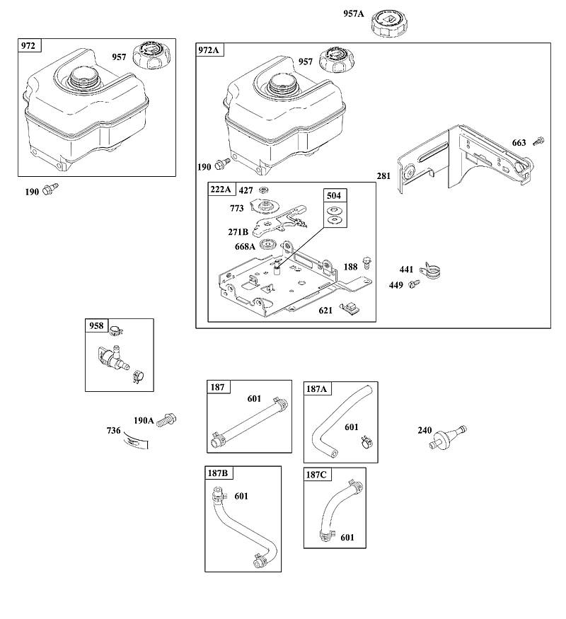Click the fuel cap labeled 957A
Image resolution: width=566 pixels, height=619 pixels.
click(x=388, y=23)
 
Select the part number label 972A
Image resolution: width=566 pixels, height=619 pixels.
click(x=209, y=50)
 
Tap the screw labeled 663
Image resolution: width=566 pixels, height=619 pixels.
click(x=538, y=141)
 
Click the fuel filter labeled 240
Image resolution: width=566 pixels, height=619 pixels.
click(x=448, y=437)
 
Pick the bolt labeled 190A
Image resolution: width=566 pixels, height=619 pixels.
click(x=166, y=420)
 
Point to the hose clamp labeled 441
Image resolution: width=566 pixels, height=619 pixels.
click(x=430, y=270)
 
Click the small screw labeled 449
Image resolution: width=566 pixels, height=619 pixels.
click(x=414, y=283)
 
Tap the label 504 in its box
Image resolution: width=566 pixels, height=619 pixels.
click(x=333, y=195)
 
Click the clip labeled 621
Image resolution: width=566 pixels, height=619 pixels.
click(x=350, y=307)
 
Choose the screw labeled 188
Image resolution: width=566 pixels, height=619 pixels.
click(x=367, y=262)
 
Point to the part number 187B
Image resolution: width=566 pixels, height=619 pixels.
click(x=217, y=473)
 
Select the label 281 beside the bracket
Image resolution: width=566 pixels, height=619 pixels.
click(x=383, y=175)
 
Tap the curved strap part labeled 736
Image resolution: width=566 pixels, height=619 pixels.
click(x=135, y=440)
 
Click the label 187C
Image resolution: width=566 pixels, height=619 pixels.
click(x=316, y=475)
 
